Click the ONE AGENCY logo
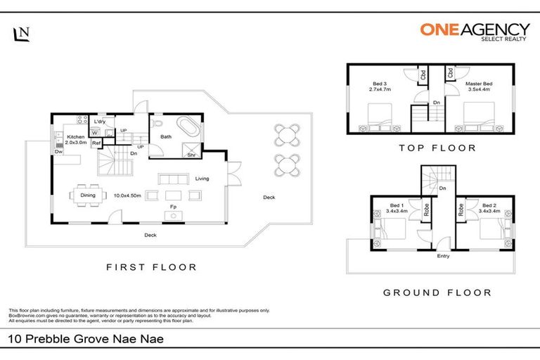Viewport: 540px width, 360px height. pos(475,32)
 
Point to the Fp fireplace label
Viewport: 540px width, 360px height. pos(172,206)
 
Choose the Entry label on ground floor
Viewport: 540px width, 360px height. pos(443,256)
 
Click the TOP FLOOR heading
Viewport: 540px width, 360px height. pos(437,148)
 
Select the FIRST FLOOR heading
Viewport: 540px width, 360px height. pos(151,267)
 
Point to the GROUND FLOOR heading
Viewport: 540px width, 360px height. pos(437,292)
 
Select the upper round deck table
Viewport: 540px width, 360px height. pos(287,134)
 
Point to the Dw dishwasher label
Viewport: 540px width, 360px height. pos(57,151)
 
